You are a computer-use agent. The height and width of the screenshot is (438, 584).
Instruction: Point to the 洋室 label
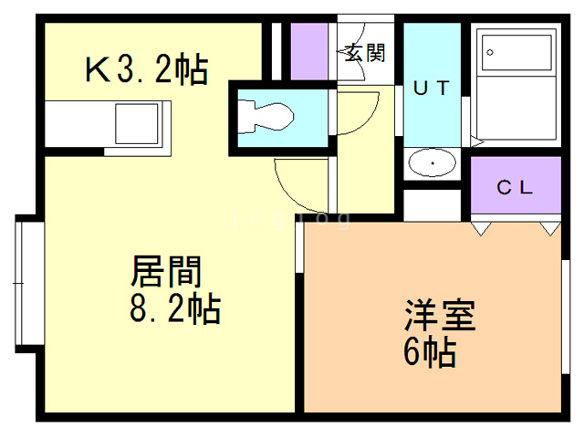pos(440,317)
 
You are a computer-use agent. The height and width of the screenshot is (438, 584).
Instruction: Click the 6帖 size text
pos(430,351)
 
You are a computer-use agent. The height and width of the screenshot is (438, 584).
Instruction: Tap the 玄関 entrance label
pos(363,51)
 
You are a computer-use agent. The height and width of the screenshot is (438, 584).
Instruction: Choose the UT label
pos(432,88)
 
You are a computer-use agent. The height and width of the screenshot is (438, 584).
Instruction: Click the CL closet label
pos(515,188)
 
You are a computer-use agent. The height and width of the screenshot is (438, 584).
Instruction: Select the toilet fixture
pos(266,116)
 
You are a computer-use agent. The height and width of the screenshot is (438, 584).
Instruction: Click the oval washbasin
pos(432,164)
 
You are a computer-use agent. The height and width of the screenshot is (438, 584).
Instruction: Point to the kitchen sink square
pos(138,123)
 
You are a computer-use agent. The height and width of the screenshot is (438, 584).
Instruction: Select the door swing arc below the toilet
pos(297,182)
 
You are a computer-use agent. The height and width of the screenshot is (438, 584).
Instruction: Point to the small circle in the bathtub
pos(491,52)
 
